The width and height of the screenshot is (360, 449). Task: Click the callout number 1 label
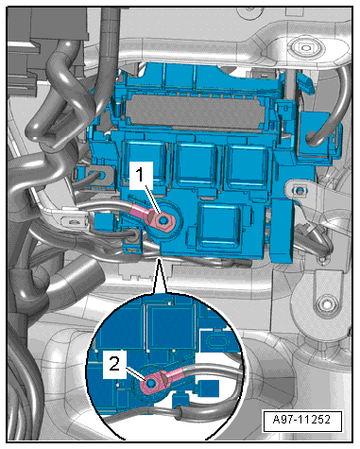[141, 175]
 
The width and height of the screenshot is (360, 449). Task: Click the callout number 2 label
[114, 365]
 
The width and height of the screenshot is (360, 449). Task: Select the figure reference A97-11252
[302, 420]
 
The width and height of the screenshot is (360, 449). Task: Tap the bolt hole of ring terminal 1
[163, 220]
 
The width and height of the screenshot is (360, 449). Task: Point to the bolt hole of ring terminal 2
[150, 383]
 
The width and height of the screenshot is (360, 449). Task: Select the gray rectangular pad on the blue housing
[196, 112]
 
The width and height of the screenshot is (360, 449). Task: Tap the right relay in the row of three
[249, 167]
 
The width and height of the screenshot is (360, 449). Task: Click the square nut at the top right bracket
[305, 48]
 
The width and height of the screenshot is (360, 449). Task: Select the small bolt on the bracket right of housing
[300, 190]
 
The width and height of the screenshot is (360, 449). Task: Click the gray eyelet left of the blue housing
[101, 176]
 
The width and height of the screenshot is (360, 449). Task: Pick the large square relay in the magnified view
[170, 327]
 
